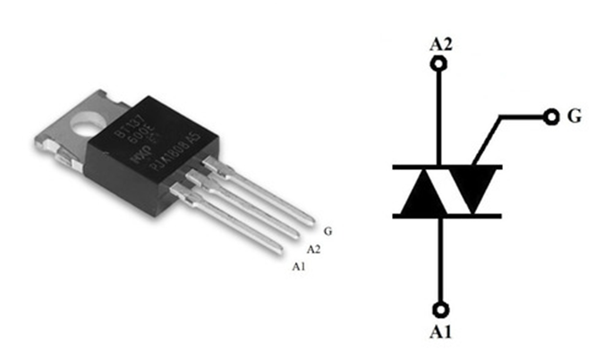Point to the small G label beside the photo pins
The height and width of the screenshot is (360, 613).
pyautogui.click(x=328, y=231)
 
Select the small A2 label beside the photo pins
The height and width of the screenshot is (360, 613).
pyautogui.click(x=313, y=248)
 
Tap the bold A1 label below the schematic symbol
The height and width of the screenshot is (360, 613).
pyautogui.click(x=439, y=333)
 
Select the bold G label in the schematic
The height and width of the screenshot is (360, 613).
pyautogui.click(x=576, y=117)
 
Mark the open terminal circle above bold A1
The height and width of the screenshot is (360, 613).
pyautogui.click(x=438, y=310)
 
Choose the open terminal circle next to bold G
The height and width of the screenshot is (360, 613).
pyautogui.click(x=549, y=116)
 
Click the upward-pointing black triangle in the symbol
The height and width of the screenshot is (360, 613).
pyautogui.click(x=420, y=193)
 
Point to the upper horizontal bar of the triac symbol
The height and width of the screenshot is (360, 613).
pyautogui.click(x=447, y=167)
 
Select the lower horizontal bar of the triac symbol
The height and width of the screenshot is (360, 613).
pyautogui.click(x=447, y=216)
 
